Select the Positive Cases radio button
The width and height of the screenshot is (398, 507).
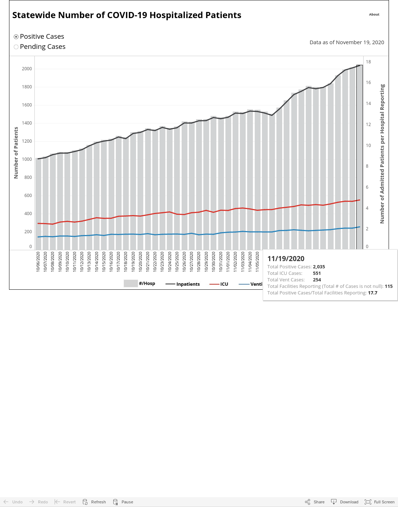[16, 37]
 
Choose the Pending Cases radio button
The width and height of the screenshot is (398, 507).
[16, 47]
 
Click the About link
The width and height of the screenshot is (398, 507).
[374, 14]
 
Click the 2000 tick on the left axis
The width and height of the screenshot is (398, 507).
[27, 69]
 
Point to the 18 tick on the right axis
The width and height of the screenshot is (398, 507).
[368, 62]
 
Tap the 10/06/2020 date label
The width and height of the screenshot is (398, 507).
[38, 261]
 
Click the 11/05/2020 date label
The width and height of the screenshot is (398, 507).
[257, 261]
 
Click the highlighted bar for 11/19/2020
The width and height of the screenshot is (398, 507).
[360, 158]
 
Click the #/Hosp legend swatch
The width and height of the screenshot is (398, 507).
[131, 284]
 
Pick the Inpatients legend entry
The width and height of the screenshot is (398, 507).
[183, 284]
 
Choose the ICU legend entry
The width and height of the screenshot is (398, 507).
[219, 284]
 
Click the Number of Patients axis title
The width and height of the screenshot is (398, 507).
[16, 153]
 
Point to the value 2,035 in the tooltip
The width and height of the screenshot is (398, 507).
[319, 267]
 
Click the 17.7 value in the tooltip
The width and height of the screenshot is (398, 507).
[372, 293]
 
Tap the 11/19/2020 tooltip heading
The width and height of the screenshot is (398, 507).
[286, 259]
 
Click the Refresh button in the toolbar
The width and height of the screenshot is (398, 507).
[94, 502]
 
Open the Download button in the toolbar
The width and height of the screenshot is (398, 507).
[345, 502]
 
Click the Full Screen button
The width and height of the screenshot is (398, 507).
[380, 502]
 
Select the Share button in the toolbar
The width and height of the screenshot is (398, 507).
[314, 502]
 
